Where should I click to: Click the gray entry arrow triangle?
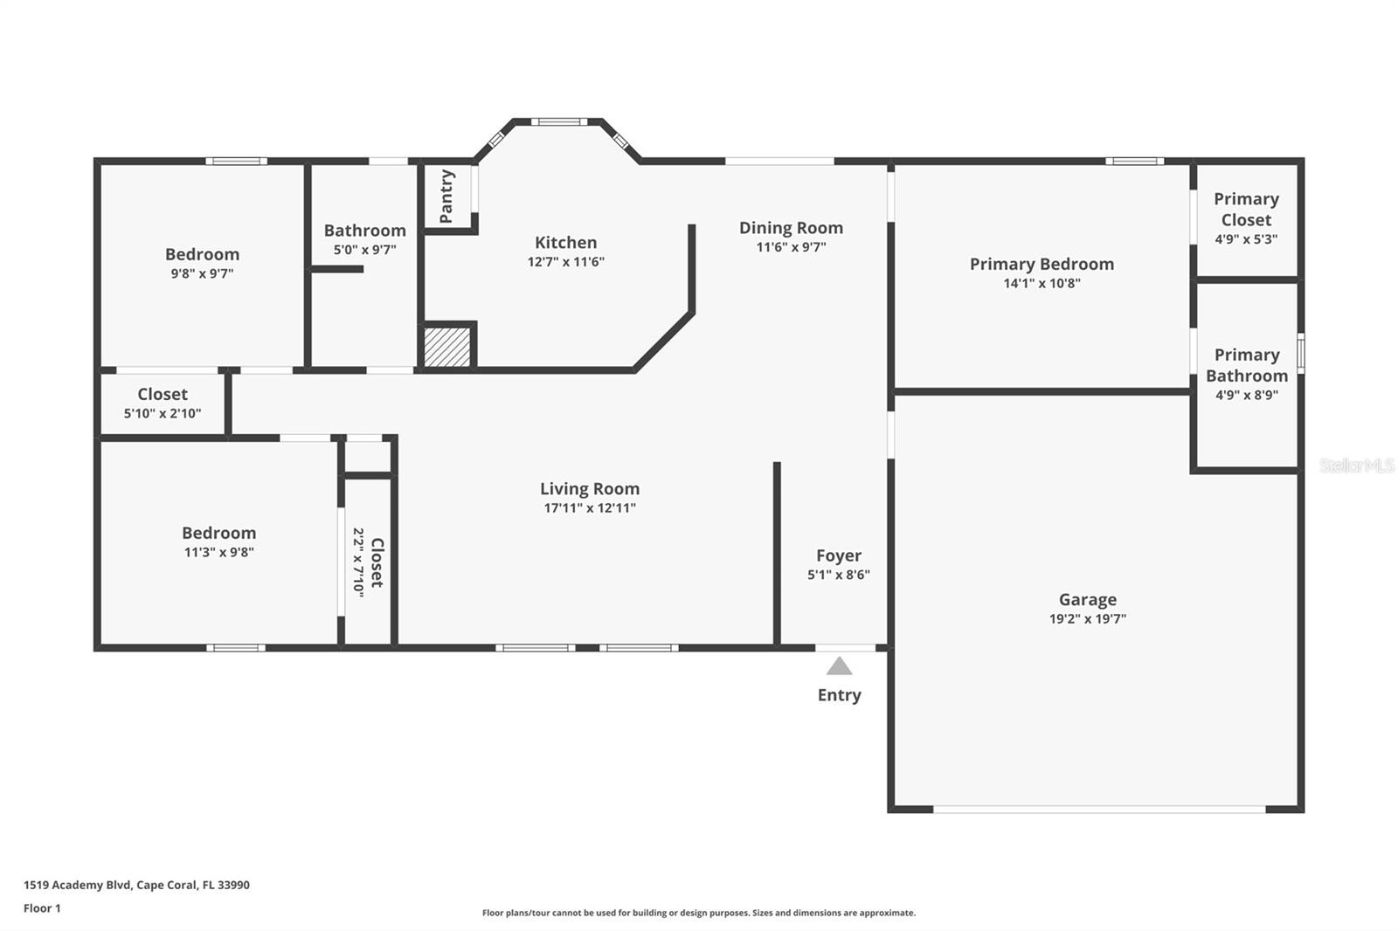click(x=839, y=667)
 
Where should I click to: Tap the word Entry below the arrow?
click(x=839, y=695)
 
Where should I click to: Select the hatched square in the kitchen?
click(x=447, y=347)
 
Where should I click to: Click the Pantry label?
click(x=446, y=196)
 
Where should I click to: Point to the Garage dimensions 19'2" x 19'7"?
click(x=1087, y=619)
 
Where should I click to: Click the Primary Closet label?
click(x=1246, y=209)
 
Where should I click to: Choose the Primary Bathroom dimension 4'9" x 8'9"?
click(x=1246, y=395)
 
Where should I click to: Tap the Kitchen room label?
click(x=565, y=243)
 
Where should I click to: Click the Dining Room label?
click(x=791, y=228)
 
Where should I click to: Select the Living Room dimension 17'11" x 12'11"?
click(x=590, y=508)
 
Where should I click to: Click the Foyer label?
click(x=839, y=555)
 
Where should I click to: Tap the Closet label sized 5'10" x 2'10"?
click(x=163, y=395)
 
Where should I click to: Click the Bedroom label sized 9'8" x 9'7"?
click(x=202, y=254)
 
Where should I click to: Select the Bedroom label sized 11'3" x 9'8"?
click(x=218, y=533)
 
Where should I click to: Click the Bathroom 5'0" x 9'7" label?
click(x=364, y=231)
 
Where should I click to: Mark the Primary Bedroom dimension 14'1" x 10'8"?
click(x=1042, y=283)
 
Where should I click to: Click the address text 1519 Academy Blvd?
click(x=136, y=885)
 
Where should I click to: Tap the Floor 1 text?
click(x=42, y=908)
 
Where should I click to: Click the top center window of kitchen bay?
click(x=558, y=122)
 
